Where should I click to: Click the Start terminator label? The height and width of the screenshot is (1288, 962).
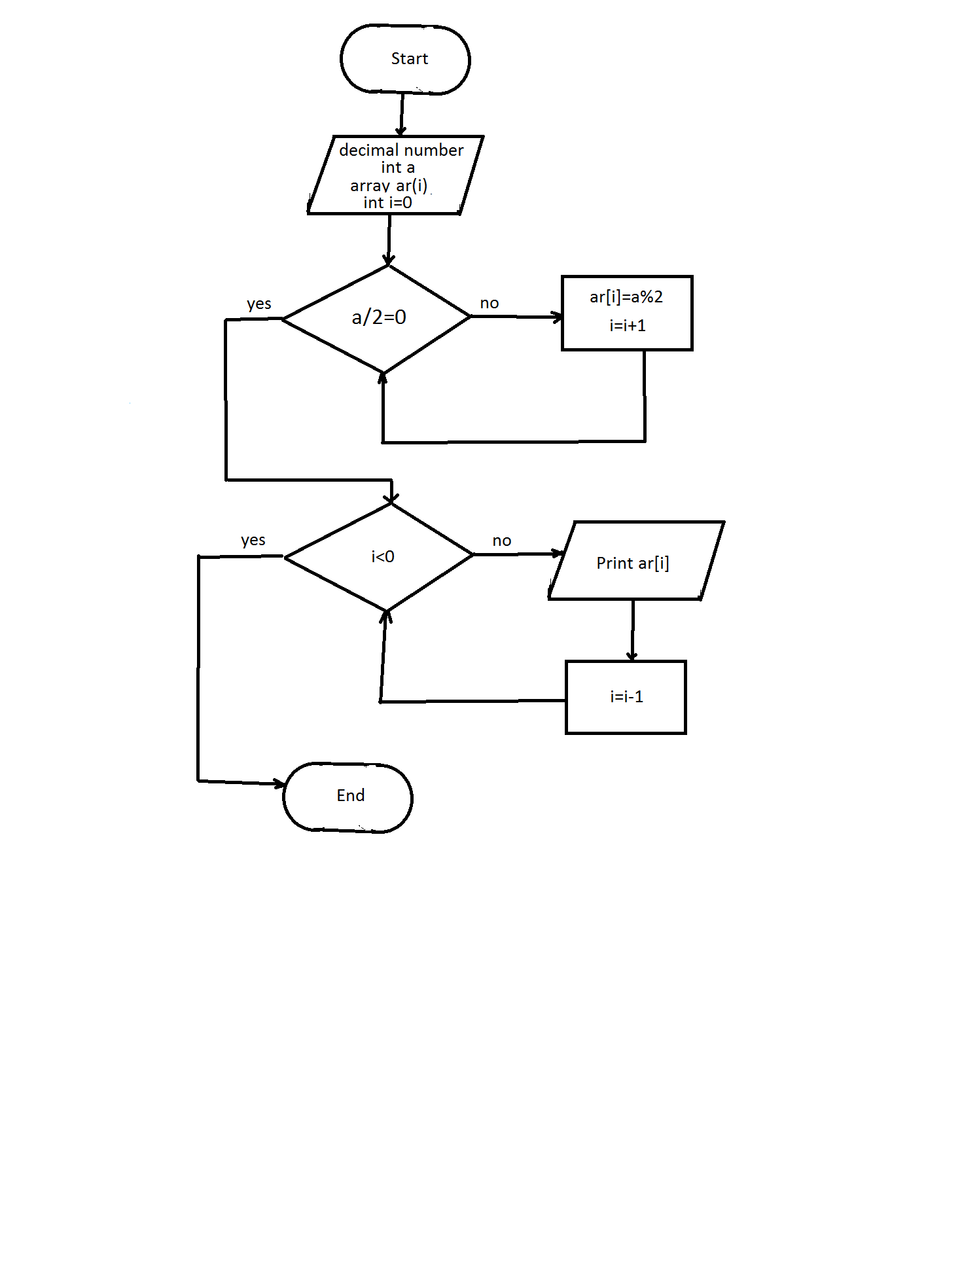pos(409,59)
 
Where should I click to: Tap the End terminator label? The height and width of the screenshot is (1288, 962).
pos(350,795)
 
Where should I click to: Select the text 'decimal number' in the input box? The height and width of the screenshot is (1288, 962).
pos(401,151)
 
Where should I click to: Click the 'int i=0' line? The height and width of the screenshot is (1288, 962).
pos(387,203)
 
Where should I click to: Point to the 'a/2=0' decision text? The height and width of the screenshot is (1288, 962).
pos(379,317)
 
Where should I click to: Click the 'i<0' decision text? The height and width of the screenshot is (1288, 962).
pos(382,557)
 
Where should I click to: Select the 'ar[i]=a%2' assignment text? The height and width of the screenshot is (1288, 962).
pos(626,297)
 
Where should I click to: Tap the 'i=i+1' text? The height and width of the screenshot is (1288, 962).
pos(628,326)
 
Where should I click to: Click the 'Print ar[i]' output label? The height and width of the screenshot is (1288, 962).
pos(632,563)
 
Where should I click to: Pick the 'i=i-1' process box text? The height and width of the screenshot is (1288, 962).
pos(626,697)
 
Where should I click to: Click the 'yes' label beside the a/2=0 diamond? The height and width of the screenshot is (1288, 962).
pos(258,304)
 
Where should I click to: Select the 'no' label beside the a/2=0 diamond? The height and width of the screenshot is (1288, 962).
pos(490,304)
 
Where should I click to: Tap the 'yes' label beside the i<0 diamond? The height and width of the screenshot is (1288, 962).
pos(253,541)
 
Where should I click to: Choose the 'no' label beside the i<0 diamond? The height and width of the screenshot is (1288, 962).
pos(502,541)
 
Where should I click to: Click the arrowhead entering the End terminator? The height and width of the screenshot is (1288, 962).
pos(279,783)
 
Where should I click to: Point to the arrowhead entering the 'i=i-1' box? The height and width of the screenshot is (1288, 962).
pos(632,656)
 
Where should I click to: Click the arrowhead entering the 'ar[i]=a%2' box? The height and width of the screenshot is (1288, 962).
pos(558,317)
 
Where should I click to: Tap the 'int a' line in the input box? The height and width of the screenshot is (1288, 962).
pos(398,168)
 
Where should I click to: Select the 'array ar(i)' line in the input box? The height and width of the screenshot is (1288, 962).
pos(389,186)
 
